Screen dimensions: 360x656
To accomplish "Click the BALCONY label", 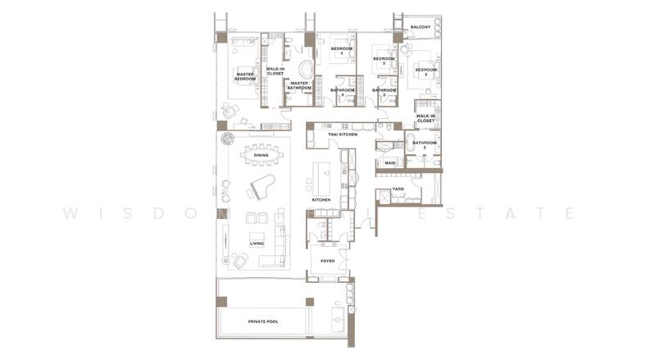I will coord(421,27).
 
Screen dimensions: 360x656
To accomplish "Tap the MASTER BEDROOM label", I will coord(245,77).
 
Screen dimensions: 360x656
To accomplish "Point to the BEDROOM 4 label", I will coord(342,51).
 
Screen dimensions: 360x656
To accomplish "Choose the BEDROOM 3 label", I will coord(384,61).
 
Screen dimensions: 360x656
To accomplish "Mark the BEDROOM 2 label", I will coord(426,71).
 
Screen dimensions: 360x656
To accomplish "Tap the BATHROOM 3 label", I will coord(384,92).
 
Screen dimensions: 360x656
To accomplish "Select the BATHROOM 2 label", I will coord(425,144).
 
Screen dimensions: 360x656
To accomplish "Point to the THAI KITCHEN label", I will coord(343,134).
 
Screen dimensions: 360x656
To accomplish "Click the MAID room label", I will coord(390,163).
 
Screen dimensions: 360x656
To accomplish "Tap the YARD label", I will coord(399,189).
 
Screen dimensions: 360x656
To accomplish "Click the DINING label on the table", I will coord(261,155).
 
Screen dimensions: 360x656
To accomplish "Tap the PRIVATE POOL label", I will coord(263,321).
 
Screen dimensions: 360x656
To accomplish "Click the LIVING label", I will coord(257,243).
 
